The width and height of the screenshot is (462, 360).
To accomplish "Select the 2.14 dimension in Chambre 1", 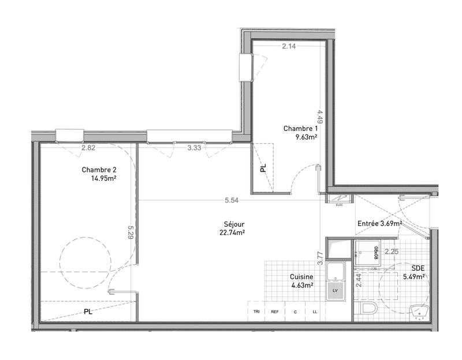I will coord(289,47).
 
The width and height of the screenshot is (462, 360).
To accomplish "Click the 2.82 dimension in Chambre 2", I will coord(88,148).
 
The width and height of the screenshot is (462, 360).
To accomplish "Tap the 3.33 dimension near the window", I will coord(194,148).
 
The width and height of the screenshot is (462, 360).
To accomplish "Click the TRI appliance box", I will coord(256,312).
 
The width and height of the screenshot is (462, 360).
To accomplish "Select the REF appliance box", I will coord(275,312).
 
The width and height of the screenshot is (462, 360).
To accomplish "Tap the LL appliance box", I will coord(315,312).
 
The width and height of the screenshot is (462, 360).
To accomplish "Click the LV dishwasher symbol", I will coord(333,288).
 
